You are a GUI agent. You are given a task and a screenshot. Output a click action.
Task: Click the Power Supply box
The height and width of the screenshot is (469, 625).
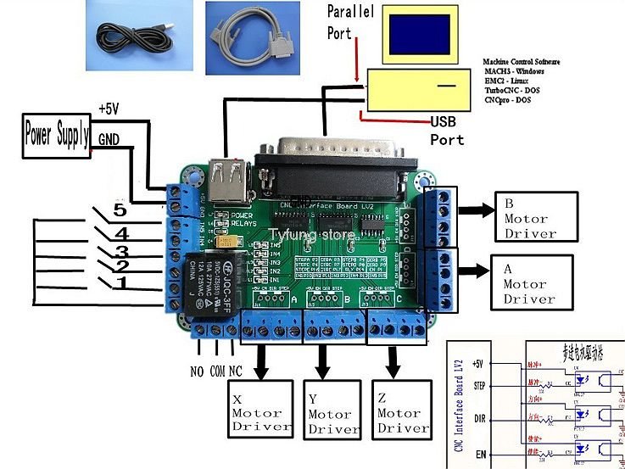[57, 134]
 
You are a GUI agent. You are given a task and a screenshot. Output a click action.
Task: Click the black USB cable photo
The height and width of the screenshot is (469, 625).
[139, 34]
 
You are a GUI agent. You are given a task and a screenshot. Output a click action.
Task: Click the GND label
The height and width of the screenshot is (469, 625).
[109, 138]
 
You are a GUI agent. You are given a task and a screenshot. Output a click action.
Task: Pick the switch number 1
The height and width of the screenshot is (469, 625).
[121, 282]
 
